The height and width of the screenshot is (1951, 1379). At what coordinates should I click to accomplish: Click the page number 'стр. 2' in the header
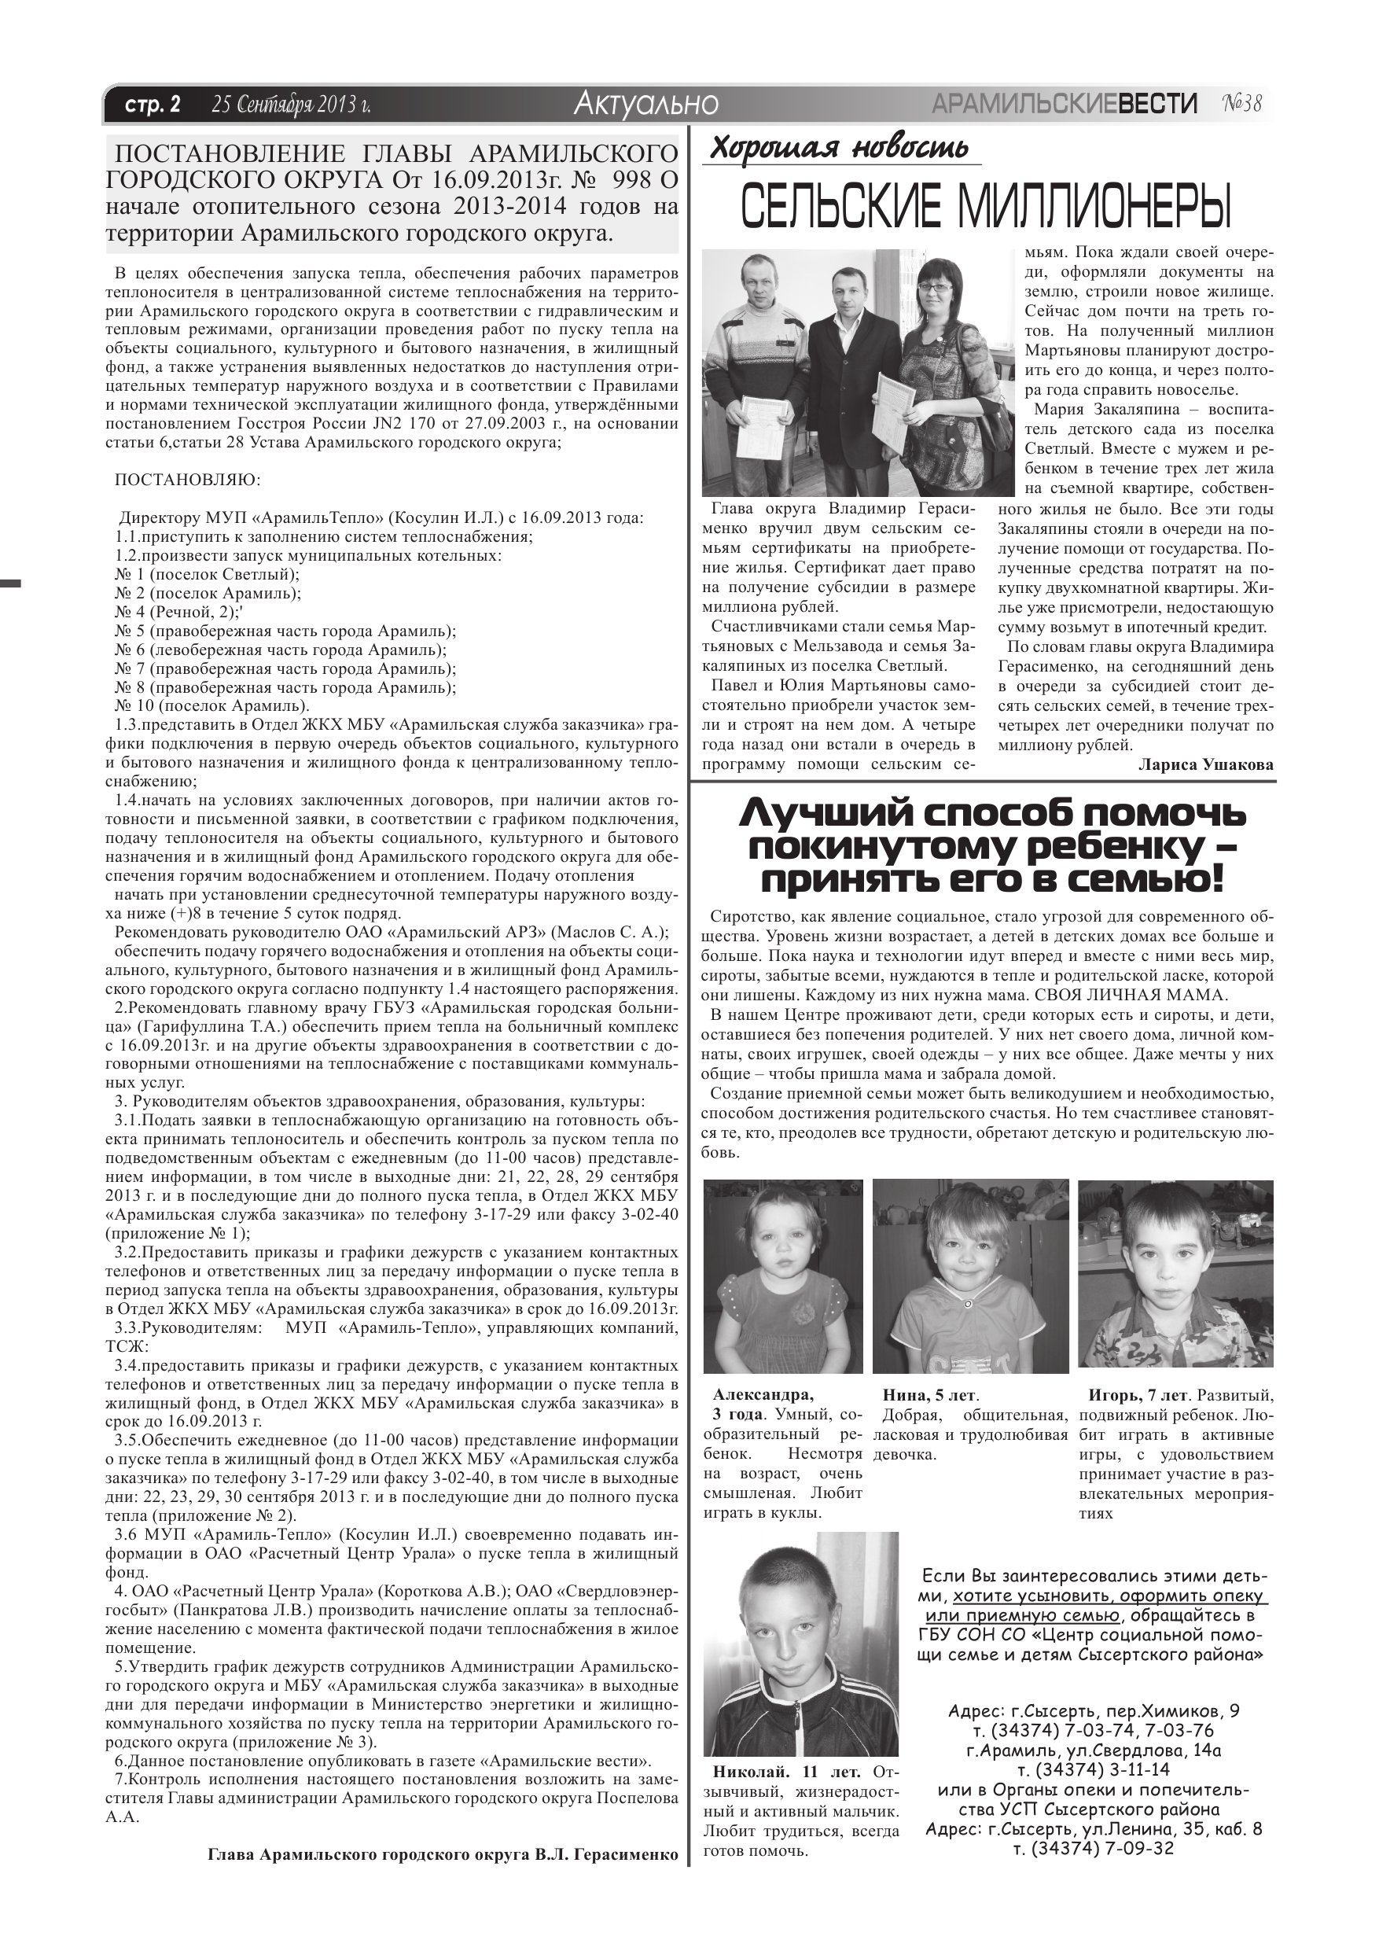click(153, 105)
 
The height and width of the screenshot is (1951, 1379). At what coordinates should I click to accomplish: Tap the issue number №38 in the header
click(1242, 104)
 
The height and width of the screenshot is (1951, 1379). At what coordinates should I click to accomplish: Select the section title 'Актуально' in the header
click(645, 104)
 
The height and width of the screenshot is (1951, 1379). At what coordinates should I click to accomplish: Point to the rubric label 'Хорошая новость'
click(839, 148)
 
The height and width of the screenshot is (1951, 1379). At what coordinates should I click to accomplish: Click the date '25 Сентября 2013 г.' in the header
click(292, 105)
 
